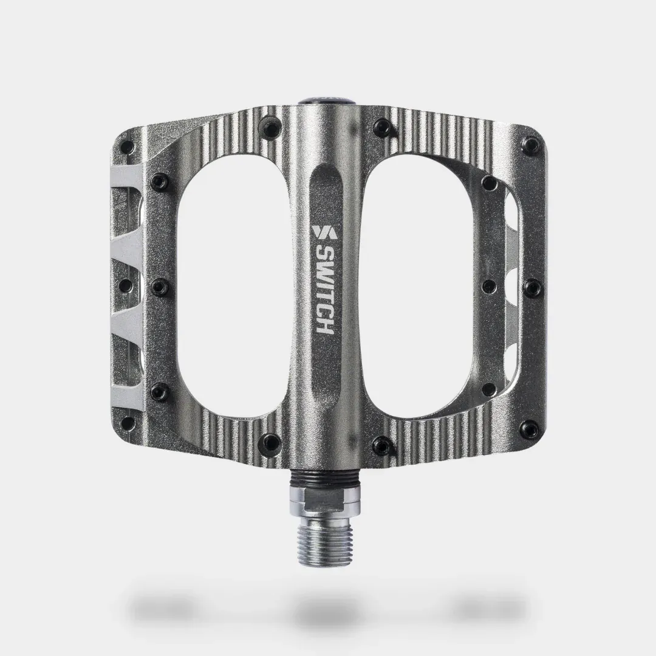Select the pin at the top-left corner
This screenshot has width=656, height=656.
click(128, 146)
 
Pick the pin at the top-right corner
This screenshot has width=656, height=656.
click(531, 145)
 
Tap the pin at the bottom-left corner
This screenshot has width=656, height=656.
click(128, 422)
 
